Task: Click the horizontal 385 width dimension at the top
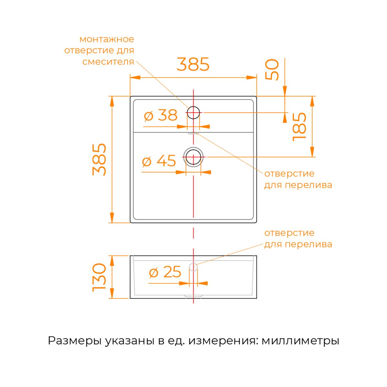coord(193,64)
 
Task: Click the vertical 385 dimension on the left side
coord(99,159)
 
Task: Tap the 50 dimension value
coord(272,69)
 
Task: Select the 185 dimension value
coord(299,127)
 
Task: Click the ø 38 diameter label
coord(161,115)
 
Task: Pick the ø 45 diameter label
coord(159,161)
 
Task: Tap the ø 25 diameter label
coord(165,272)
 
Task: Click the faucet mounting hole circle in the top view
coord(193,113)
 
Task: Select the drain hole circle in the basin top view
coord(193,157)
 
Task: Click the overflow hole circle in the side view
coord(193,267)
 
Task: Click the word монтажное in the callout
coord(107,39)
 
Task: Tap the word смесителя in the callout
coord(108,62)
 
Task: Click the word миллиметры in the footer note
coord(301,341)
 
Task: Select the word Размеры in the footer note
coord(74,341)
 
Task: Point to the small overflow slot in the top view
coord(193,133)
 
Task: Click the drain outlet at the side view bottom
coord(193,297)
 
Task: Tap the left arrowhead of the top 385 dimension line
coord(135,77)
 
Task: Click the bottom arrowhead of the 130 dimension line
coord(112,293)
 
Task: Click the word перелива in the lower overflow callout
coord(309,245)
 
